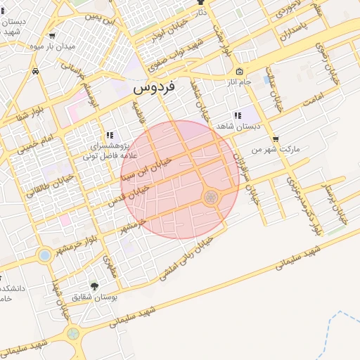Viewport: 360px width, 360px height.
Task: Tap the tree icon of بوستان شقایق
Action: [x=95, y=285]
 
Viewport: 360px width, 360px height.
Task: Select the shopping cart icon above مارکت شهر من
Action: [x=275, y=139]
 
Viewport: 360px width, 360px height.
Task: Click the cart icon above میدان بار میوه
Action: [x=52, y=36]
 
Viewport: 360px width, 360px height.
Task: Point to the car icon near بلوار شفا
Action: [x=35, y=71]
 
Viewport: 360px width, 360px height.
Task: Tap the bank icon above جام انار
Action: [x=240, y=72]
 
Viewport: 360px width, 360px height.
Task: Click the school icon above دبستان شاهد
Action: [x=237, y=115]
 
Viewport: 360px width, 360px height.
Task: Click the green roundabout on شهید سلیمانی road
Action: [x=72, y=333]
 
